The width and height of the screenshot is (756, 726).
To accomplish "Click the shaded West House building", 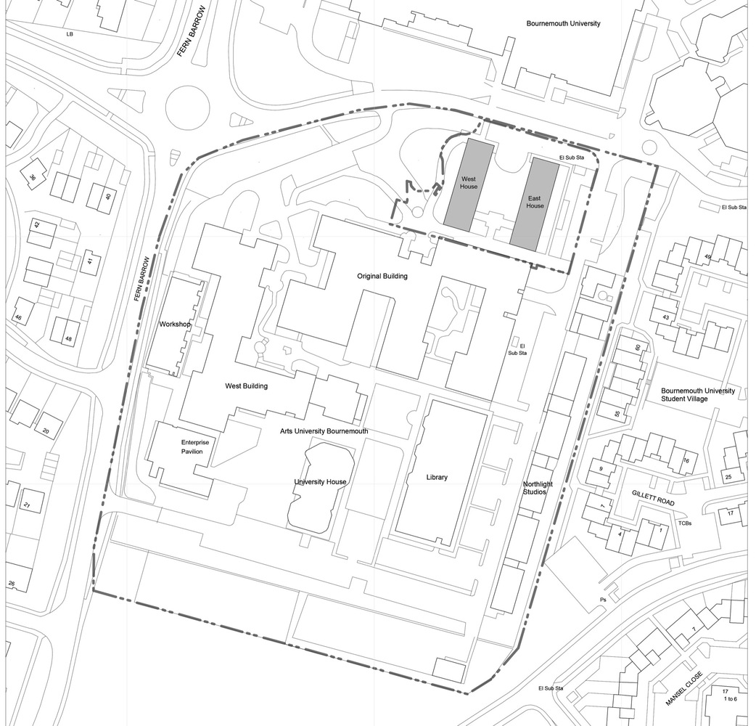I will coord(469,186).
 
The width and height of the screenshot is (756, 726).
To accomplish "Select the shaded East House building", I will coord(535,205).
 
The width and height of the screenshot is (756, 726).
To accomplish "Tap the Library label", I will coord(437,478).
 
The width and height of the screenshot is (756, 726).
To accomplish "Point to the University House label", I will coord(320,482).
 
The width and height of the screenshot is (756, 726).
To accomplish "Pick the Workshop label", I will coord(174,325).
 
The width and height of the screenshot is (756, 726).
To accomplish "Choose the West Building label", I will coord(246,386).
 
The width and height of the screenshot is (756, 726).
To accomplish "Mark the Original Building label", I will coord(382,277).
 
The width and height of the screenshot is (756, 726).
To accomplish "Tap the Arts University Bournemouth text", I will coord(324,431).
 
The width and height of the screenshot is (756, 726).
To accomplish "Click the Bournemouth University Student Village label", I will coord(697,396).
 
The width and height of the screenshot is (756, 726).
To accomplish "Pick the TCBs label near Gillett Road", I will coord(684,523).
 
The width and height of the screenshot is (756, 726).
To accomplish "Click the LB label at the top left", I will coord(70,34).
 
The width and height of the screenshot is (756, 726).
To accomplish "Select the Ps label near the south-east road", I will coord(602,600).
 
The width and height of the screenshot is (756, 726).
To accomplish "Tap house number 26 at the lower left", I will coord(12,584).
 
